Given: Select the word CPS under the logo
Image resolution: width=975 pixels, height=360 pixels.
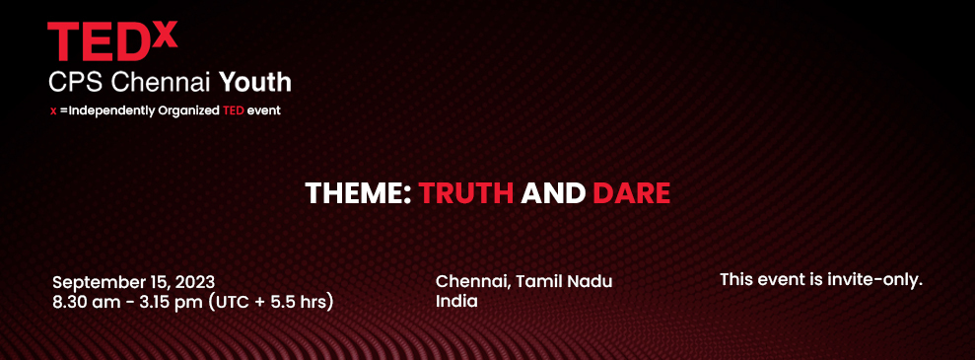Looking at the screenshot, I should point(75,81).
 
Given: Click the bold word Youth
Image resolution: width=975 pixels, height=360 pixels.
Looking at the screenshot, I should point(255,81).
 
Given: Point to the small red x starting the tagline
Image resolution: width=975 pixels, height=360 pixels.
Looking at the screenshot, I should point(53,111).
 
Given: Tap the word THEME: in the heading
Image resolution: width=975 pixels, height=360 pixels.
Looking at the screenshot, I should point(358,192).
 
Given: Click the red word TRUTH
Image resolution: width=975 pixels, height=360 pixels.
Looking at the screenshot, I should point(466,192).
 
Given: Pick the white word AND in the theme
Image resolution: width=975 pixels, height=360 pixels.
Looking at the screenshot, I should point(553,192).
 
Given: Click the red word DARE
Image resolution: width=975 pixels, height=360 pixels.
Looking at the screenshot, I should point(631,192).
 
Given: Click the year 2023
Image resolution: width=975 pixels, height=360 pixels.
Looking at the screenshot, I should point(194,282).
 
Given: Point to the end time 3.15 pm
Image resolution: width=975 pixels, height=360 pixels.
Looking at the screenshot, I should point(174,302).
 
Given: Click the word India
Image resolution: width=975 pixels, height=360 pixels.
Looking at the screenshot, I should point(456,301).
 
